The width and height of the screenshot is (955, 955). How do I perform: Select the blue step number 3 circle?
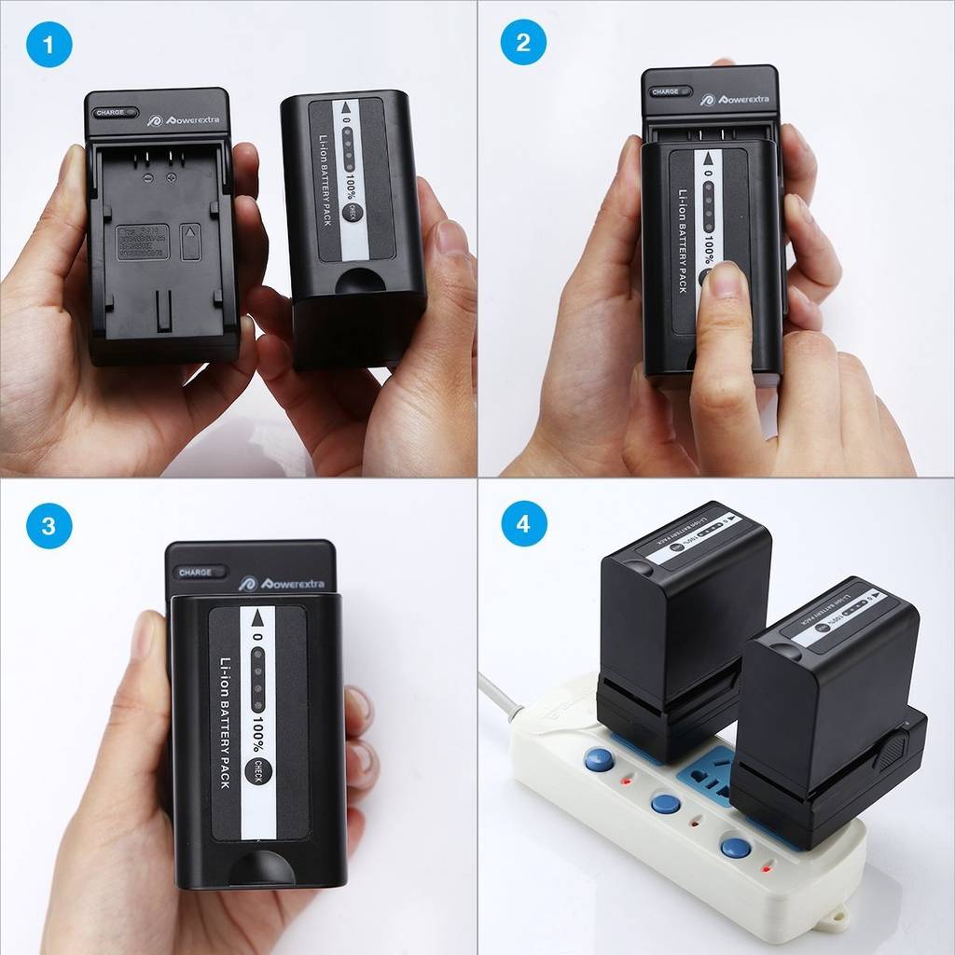pos(48,525)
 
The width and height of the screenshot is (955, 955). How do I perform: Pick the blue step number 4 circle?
pos(523,525)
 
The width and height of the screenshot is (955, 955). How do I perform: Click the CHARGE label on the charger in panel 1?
pos(109,112)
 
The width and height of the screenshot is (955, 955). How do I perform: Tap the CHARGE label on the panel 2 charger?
pos(666,91)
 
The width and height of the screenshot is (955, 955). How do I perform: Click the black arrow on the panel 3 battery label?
pos(257,619)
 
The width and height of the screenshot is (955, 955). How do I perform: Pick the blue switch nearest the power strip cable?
pos(599,759)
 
